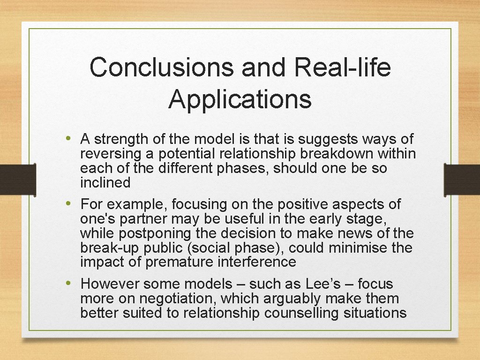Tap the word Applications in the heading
240,99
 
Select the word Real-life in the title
343,67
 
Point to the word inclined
105,183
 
